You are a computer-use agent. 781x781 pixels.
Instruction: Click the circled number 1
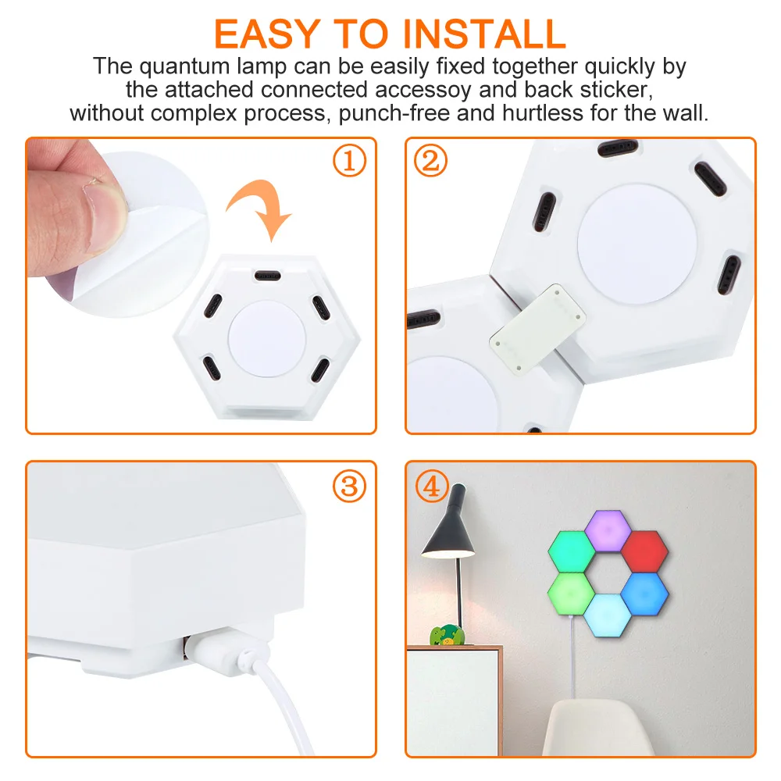tap(349, 162)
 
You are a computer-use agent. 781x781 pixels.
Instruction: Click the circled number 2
tap(431, 162)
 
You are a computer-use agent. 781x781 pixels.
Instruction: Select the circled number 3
tap(349, 487)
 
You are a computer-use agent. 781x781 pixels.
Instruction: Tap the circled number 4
tap(431, 487)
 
